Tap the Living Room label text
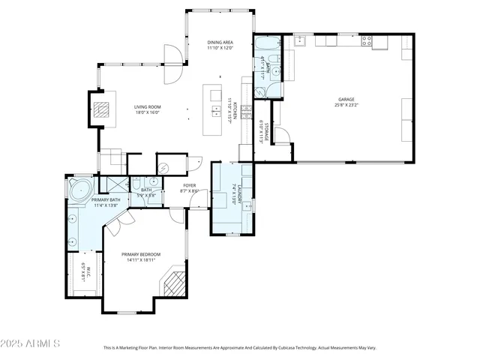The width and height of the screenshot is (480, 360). [148, 110]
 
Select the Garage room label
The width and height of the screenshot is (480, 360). [346, 102]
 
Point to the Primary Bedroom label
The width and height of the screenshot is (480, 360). [141, 257]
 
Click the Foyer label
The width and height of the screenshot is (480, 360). [190, 188]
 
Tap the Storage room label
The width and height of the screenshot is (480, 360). [263, 131]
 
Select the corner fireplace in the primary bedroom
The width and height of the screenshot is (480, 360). [173, 284]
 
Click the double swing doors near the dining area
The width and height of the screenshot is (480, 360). [171, 64]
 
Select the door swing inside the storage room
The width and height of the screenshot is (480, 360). [281, 136]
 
